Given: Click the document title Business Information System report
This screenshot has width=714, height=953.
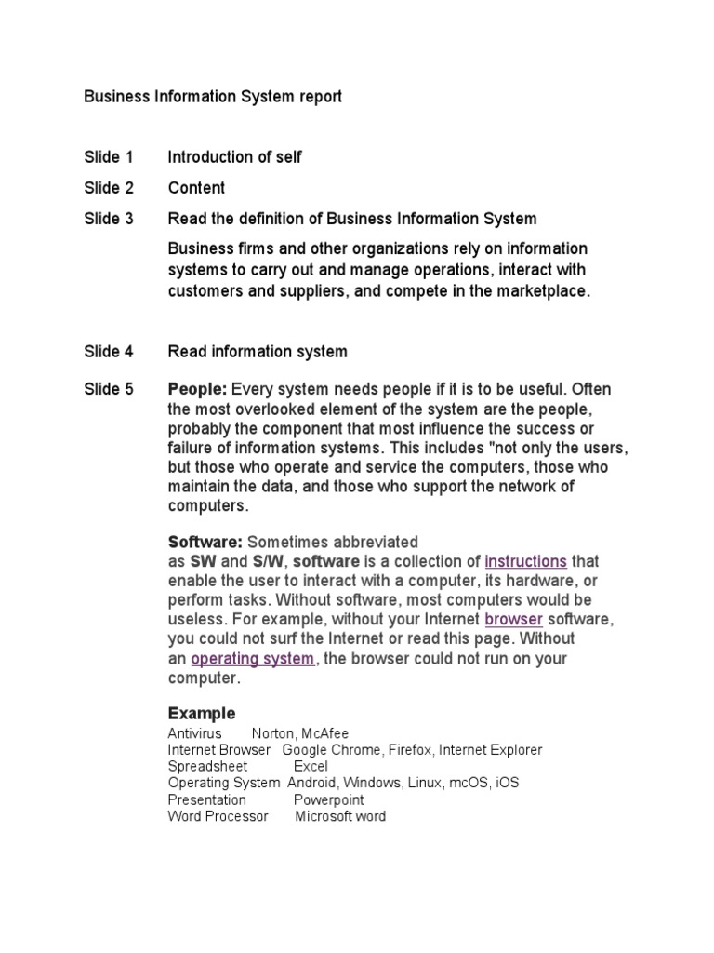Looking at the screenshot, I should click(213, 97).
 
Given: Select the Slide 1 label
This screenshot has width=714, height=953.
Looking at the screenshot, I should click(109, 157).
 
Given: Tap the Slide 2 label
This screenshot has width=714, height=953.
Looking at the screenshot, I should click(109, 188).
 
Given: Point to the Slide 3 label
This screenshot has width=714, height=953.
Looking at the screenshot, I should click(109, 219).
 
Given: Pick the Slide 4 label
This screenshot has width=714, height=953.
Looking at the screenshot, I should click(109, 352).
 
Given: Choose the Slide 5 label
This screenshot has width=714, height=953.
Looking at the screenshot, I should click(109, 389).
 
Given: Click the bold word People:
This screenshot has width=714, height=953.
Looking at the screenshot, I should click(197, 389).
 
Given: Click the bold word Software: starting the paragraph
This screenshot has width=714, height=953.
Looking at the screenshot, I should click(205, 542).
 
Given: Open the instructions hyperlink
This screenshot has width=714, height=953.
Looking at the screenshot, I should click(525, 561).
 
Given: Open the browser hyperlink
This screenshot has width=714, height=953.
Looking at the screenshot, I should click(513, 620).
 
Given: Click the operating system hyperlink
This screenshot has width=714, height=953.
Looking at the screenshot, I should click(252, 659).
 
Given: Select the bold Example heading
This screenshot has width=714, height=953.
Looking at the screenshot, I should click(201, 714).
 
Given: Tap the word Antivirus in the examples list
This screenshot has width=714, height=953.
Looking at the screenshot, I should click(194, 733).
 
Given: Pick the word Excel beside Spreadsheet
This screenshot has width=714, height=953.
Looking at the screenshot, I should click(311, 767).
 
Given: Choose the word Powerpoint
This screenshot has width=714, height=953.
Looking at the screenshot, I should click(329, 800).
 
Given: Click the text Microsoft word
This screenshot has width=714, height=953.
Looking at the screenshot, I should click(340, 817).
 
